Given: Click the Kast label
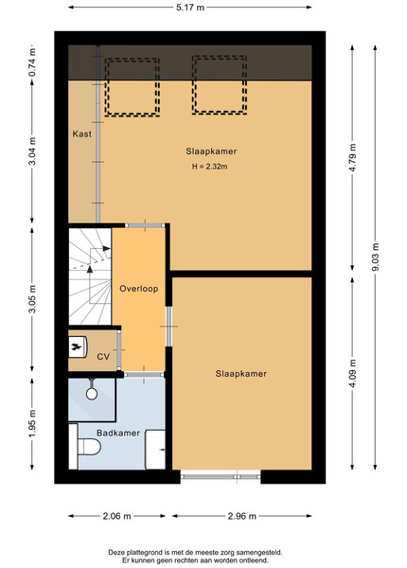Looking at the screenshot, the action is click(81, 134).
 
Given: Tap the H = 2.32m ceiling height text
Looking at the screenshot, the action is click(210, 167).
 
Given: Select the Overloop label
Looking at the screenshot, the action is click(139, 289).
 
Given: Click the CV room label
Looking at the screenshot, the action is click(103, 357).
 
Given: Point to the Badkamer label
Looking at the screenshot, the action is click(118, 433).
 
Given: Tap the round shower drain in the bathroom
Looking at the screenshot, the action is click(92, 394).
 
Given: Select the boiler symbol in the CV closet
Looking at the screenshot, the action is click(78, 347).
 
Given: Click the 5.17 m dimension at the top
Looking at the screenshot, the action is click(190, 8).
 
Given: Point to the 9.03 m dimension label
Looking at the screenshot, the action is click(375, 257).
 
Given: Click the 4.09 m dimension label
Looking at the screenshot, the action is click(353, 373).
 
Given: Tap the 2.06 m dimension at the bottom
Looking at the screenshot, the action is click(116, 516).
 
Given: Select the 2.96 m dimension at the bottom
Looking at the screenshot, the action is click(242, 516).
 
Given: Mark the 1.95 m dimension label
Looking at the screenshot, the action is click(32, 423).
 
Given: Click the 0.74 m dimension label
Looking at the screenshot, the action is click(32, 62).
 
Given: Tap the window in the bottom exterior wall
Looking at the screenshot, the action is click(221, 477).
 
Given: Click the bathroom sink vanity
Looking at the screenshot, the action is click(155, 450).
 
